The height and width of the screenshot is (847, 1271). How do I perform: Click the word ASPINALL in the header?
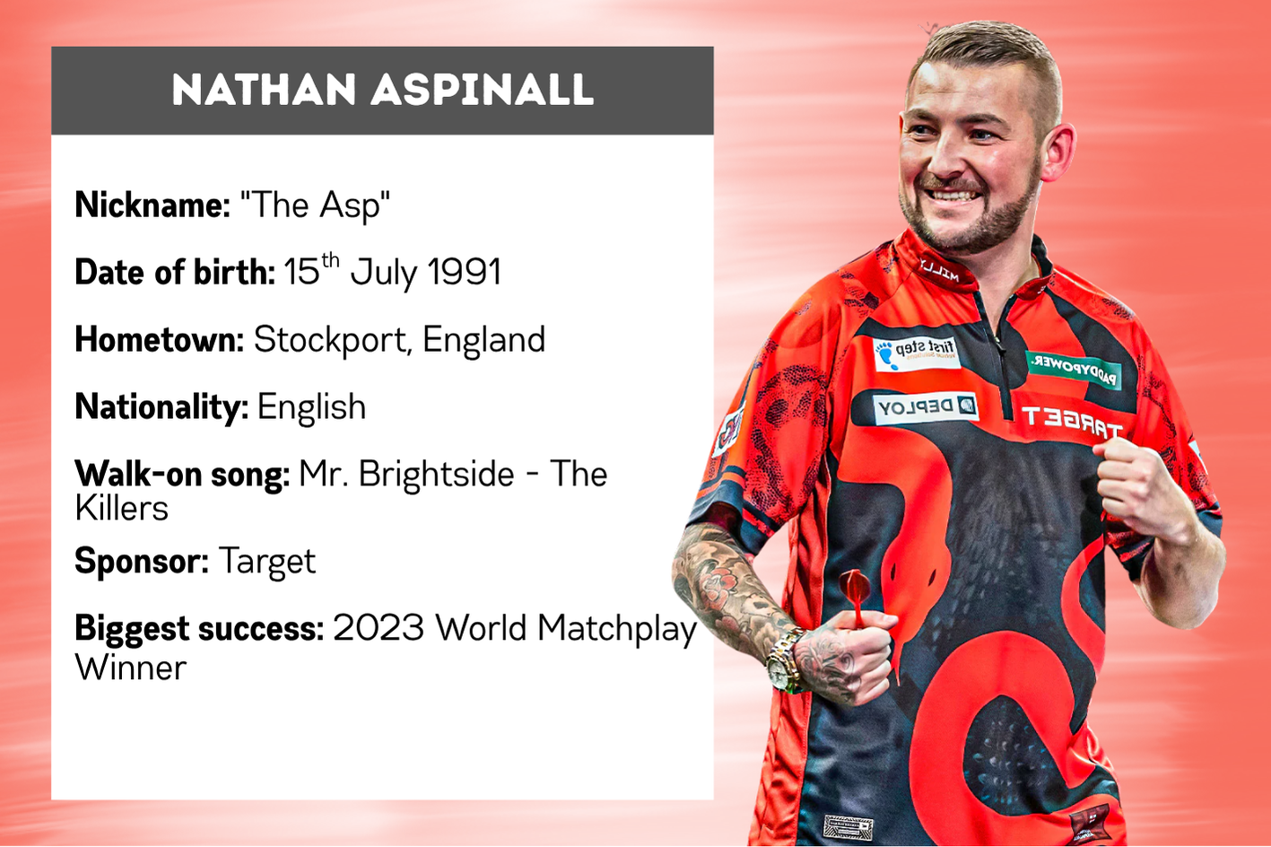483,90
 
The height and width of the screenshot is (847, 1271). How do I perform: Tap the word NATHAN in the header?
264,90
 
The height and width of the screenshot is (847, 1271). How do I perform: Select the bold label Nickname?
152,205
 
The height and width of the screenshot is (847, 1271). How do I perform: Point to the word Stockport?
329,339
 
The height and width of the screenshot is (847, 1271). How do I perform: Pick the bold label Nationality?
161,407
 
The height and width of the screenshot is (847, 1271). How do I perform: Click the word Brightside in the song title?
436,474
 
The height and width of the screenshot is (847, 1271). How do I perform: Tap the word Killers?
121,508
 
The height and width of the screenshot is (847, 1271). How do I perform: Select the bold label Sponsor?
142,561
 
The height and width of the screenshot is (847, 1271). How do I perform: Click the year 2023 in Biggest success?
379,628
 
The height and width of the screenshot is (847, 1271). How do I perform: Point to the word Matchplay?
617,629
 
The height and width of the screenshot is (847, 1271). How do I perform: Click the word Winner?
130,668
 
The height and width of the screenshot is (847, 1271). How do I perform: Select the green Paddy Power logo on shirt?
1074,369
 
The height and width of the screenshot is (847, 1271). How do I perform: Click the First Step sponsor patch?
916,354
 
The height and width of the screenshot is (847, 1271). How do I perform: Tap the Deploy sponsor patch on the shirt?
925,407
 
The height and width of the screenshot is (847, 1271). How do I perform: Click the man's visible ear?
1057,151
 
